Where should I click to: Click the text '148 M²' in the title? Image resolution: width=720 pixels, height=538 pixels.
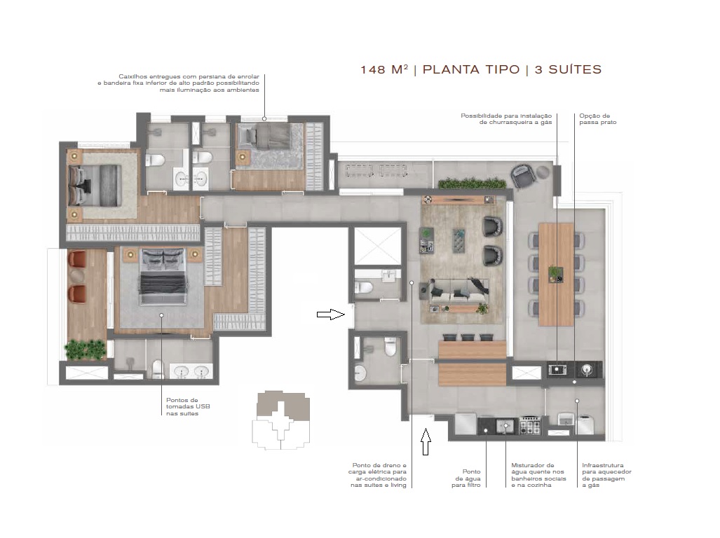[x=383, y=69]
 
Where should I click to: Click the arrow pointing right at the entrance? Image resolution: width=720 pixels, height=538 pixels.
[x=331, y=315]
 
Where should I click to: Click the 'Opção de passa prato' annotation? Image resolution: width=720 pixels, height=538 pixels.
[x=595, y=119]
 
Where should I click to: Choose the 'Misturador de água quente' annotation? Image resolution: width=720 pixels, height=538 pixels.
[x=533, y=475]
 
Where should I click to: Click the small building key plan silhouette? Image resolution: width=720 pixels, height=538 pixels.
[x=280, y=419]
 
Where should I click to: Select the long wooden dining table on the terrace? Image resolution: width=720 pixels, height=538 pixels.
[x=556, y=274]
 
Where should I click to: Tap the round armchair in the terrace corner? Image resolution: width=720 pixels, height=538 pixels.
[x=524, y=174]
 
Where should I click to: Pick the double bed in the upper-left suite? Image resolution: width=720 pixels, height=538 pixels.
[x=95, y=184]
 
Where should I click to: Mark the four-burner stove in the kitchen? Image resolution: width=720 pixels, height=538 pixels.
[x=529, y=425]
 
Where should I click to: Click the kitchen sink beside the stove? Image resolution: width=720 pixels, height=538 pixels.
[x=505, y=425]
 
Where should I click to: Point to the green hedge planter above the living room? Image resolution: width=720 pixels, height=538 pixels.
[x=472, y=184]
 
